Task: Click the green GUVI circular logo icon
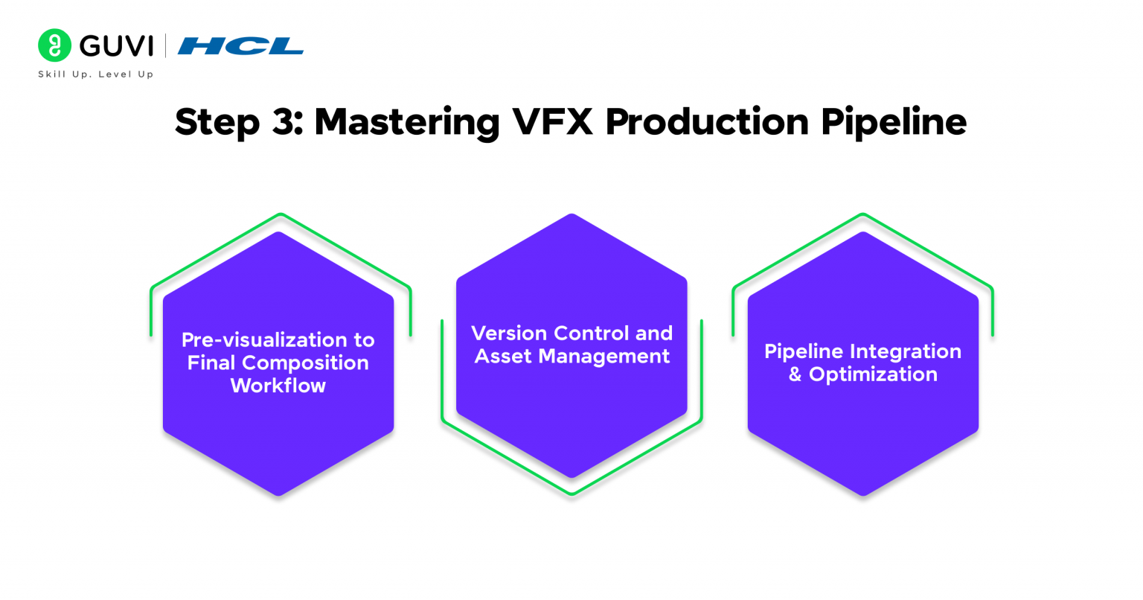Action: (54, 45)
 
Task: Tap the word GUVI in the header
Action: (116, 46)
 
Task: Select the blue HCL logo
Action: (240, 46)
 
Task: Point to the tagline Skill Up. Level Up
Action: (96, 74)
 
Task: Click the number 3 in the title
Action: (283, 121)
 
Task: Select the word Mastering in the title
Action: (406, 121)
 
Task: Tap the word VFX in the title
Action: (552, 121)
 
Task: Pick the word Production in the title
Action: (707, 121)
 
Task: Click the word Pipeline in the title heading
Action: (894, 121)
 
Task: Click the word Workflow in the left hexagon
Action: (278, 386)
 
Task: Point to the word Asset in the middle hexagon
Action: (502, 357)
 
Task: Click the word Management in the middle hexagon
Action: (603, 357)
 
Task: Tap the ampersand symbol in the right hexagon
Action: (795, 374)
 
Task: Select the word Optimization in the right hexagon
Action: (873, 374)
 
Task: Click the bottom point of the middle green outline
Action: (571, 494)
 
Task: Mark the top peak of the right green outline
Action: (862, 215)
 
